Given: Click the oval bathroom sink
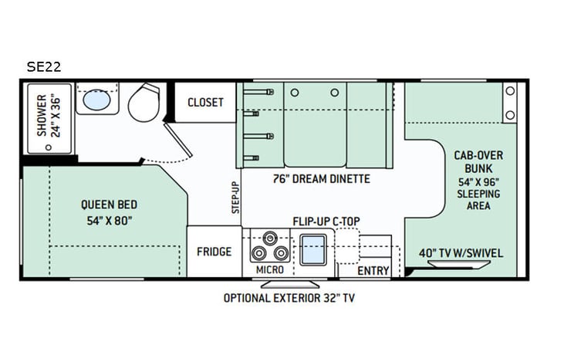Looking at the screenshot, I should [x=96, y=100].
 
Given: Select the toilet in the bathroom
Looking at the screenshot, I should [x=144, y=103].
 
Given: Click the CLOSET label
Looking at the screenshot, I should [x=205, y=103].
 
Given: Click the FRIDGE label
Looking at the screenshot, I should [x=214, y=252].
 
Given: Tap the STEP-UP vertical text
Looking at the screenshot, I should [x=236, y=197].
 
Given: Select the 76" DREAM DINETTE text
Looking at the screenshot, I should [x=321, y=179].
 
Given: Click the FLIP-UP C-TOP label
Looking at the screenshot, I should [x=326, y=221].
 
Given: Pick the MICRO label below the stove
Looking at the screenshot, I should [x=269, y=270].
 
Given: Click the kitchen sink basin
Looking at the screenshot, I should [x=313, y=251].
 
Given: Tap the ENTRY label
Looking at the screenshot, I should [x=374, y=270].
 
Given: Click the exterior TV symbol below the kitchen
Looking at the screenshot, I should [x=292, y=281].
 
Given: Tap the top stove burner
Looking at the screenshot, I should [x=269, y=239].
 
